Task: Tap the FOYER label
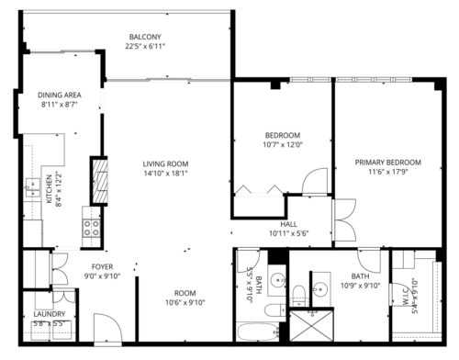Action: pos(102,265)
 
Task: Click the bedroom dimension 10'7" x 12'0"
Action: pos(282,144)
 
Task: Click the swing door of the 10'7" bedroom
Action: pos(314,181)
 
